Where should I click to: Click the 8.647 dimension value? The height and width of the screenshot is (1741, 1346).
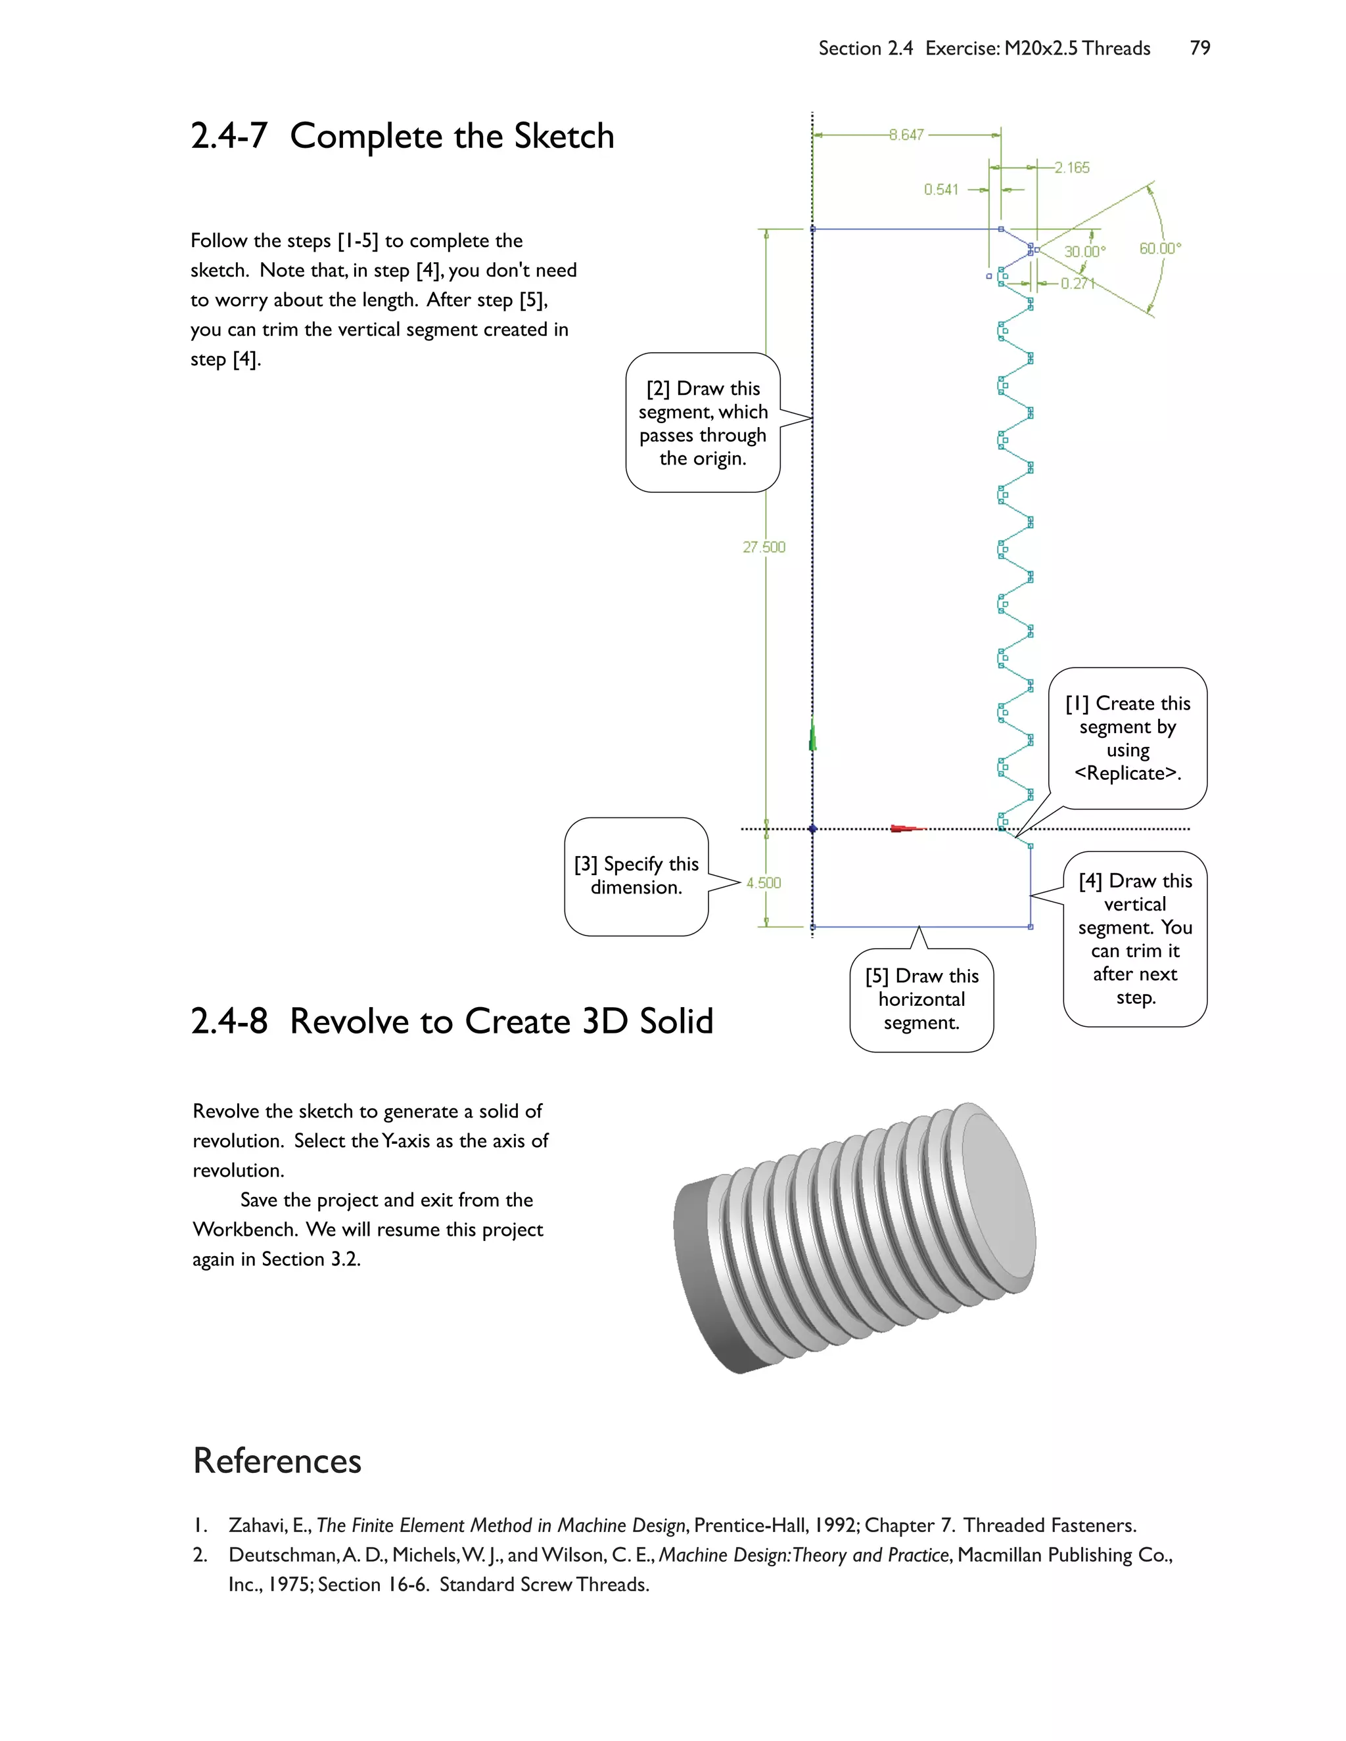pos(906,135)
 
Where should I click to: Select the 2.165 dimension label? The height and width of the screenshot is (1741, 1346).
pos(1072,168)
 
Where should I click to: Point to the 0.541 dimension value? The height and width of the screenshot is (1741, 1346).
pos(941,190)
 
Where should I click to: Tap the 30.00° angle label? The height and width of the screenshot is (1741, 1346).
pos(1084,252)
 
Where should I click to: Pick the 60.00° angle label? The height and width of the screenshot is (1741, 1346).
pos(1159,249)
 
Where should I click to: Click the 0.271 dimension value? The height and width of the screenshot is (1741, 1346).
pos(1077,284)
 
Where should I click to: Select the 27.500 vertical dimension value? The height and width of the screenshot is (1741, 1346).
pos(764,547)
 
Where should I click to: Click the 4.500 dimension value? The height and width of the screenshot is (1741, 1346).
pos(763,882)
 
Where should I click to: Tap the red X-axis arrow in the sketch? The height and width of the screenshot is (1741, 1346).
pos(905,829)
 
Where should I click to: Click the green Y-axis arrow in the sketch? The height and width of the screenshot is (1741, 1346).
pos(812,736)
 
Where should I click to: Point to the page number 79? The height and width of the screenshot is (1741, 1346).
pos(1199,49)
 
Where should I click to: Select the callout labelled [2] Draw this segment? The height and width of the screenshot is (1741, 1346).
pos(703,423)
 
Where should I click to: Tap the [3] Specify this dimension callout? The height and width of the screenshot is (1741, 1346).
pos(636,876)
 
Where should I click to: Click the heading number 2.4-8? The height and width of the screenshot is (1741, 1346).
pos(229,1021)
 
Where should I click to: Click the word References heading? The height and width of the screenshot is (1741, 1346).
pos(277,1460)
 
